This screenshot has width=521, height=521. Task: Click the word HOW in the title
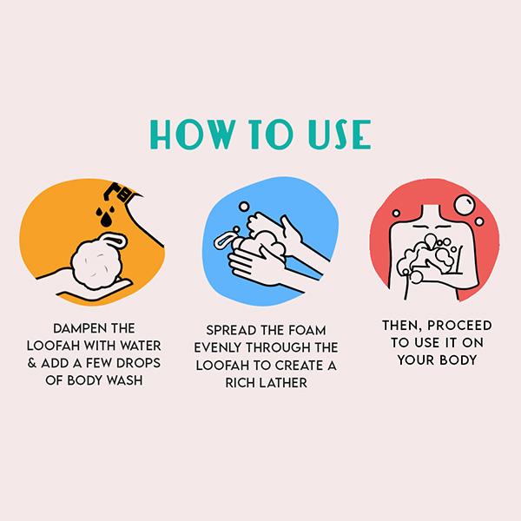[193, 135]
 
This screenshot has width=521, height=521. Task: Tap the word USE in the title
[340, 135]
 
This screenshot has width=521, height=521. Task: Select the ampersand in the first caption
[32, 363]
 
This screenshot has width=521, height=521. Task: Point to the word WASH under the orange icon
[124, 380]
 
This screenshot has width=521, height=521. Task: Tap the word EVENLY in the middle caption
[218, 348]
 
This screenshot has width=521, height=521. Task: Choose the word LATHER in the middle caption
[283, 383]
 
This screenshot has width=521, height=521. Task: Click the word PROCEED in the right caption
[459, 326]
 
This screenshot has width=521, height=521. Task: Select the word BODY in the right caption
[458, 360]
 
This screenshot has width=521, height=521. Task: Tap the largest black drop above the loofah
[106, 220]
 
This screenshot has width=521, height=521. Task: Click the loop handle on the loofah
[115, 240]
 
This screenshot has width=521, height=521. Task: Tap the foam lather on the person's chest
[428, 256]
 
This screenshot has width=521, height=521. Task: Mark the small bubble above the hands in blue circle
[244, 207]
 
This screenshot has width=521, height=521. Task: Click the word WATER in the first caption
[141, 346]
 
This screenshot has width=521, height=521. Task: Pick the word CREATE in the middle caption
[300, 366]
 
